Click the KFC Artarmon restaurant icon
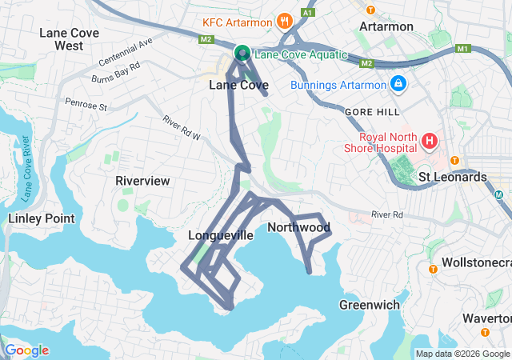tap(282, 21)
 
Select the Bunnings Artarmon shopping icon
tap(398, 83)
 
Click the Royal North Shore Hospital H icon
tap(430, 142)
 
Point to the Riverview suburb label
tap(142, 181)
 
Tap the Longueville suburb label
tap(220, 235)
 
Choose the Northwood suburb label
tap(298, 227)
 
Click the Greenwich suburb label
tap(369, 305)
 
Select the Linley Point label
tap(41, 218)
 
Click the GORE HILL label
tap(370, 113)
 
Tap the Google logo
tap(26, 350)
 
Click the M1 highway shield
tap(462, 50)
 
